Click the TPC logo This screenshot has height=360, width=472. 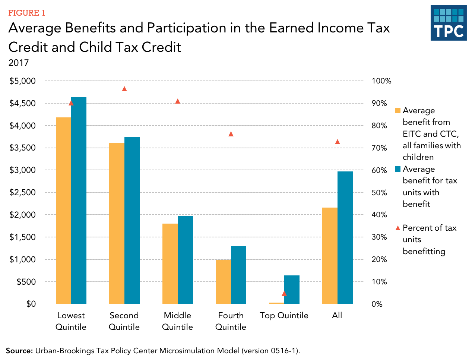[x=448, y=23]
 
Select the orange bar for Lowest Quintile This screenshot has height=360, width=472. [x=63, y=211]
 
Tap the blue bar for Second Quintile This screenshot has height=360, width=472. [x=132, y=220]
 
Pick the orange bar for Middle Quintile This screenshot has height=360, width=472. [x=170, y=263]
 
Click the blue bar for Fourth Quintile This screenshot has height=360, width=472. [x=238, y=275]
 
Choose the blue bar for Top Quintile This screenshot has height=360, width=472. [x=292, y=290]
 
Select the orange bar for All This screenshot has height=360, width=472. [x=330, y=256]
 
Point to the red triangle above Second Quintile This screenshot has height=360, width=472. [x=124, y=89]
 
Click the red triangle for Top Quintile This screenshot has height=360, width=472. [x=284, y=293]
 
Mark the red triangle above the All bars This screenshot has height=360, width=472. [x=338, y=142]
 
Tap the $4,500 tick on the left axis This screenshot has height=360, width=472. [x=22, y=103]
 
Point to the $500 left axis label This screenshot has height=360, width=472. [x=26, y=282]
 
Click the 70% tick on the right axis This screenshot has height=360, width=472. [x=379, y=148]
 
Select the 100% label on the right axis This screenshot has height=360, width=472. [x=381, y=81]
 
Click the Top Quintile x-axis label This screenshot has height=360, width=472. [x=284, y=315]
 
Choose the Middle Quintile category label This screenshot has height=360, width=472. [x=177, y=321]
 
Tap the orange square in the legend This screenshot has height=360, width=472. [x=397, y=111]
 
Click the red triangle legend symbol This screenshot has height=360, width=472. [x=397, y=228]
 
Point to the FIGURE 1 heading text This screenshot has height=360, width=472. [x=26, y=13]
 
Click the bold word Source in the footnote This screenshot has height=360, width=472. [x=19, y=351]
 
